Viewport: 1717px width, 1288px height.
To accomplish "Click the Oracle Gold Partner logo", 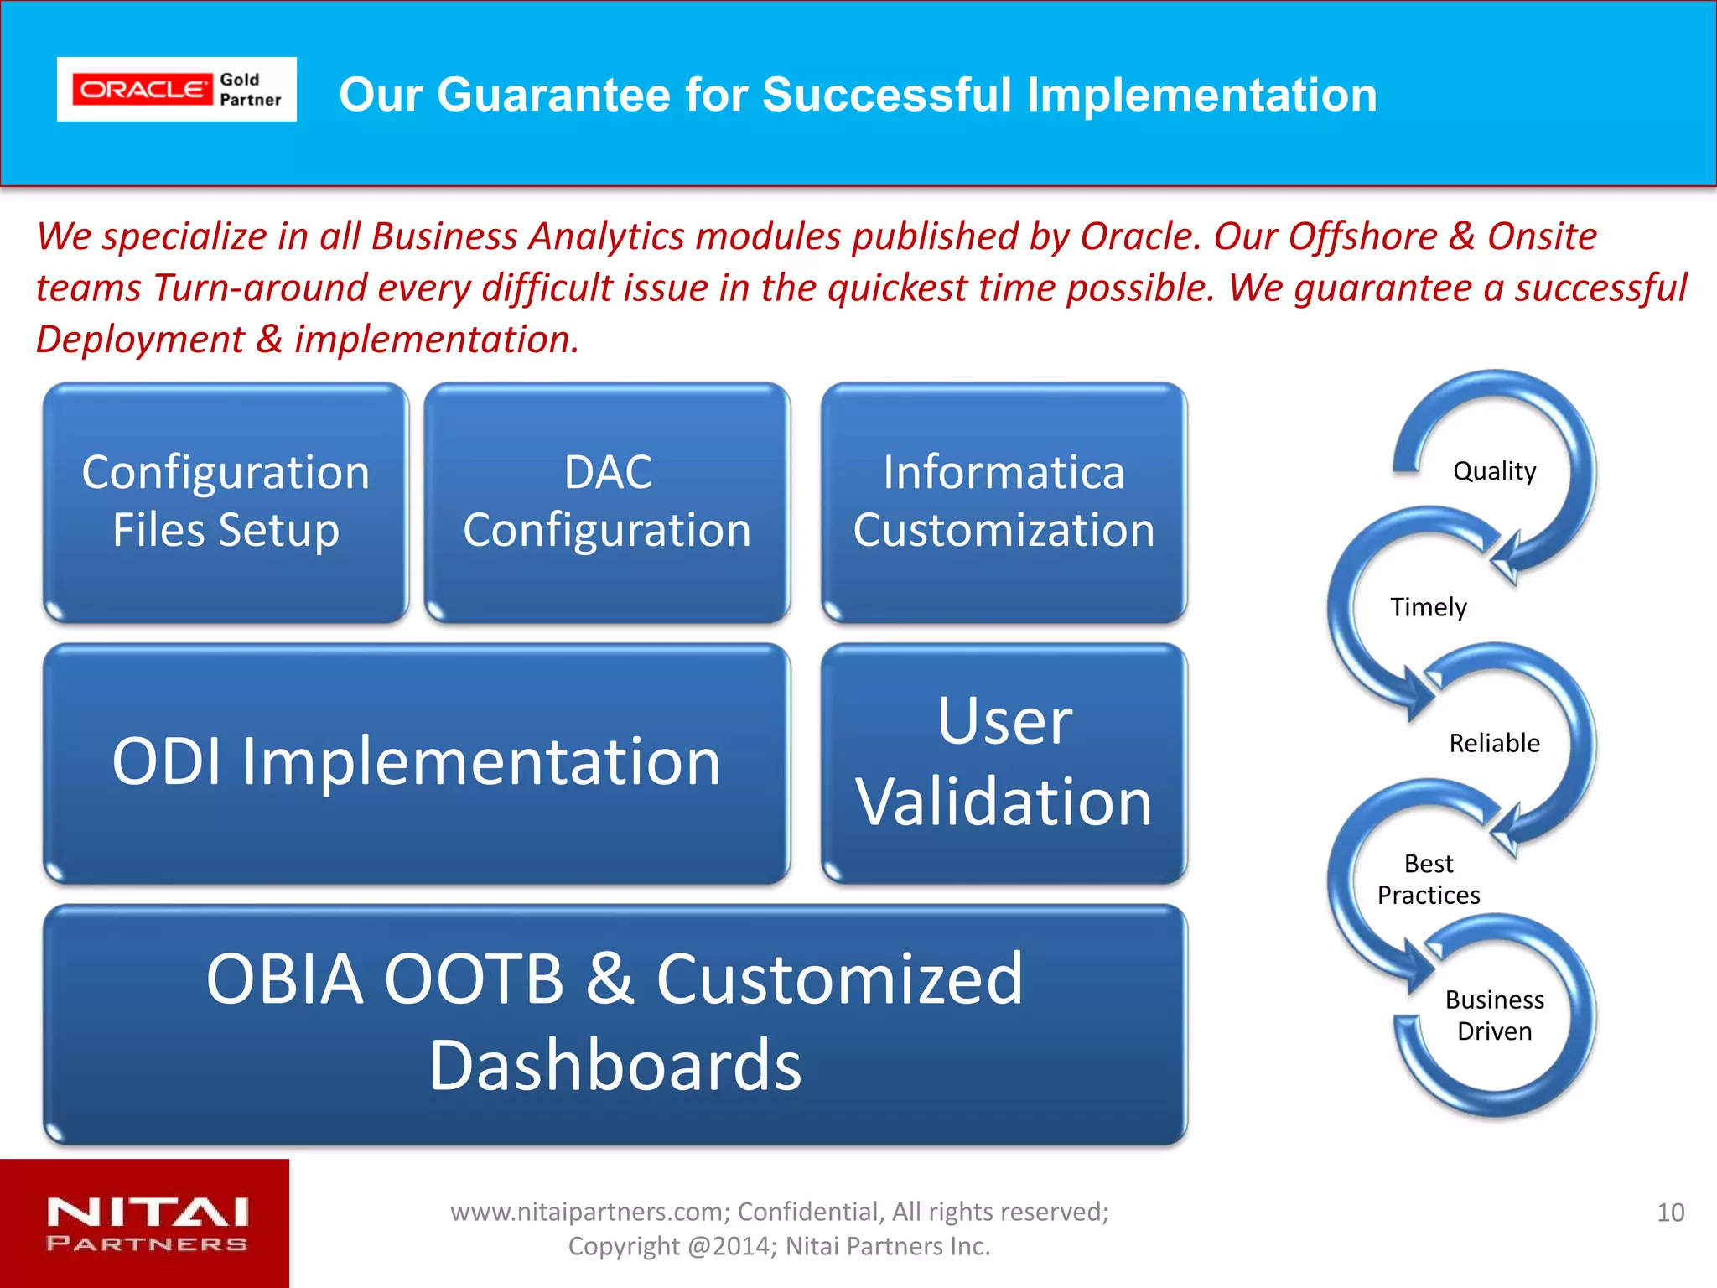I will tap(176, 90).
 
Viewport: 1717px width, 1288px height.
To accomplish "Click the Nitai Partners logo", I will tap(147, 1224).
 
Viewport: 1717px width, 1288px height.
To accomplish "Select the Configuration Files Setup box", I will tap(226, 503).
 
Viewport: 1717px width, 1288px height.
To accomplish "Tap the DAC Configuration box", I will tap(607, 503).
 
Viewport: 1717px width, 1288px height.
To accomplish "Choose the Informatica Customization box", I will tap(1004, 503).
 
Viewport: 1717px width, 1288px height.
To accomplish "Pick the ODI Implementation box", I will tap(416, 763).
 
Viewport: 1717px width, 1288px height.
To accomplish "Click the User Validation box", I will tap(1004, 763).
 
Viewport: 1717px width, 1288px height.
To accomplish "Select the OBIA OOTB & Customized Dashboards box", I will tap(615, 1023).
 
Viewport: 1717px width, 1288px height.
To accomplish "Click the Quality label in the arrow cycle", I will tap(1494, 471).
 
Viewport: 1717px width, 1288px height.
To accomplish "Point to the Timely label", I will tap(1428, 607).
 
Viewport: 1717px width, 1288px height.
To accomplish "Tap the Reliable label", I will tap(1494, 743).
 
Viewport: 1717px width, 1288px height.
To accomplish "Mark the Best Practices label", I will tap(1428, 880).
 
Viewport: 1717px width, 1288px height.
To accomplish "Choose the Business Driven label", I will tap(1494, 1015).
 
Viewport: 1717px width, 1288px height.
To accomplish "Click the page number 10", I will tap(1670, 1213).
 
